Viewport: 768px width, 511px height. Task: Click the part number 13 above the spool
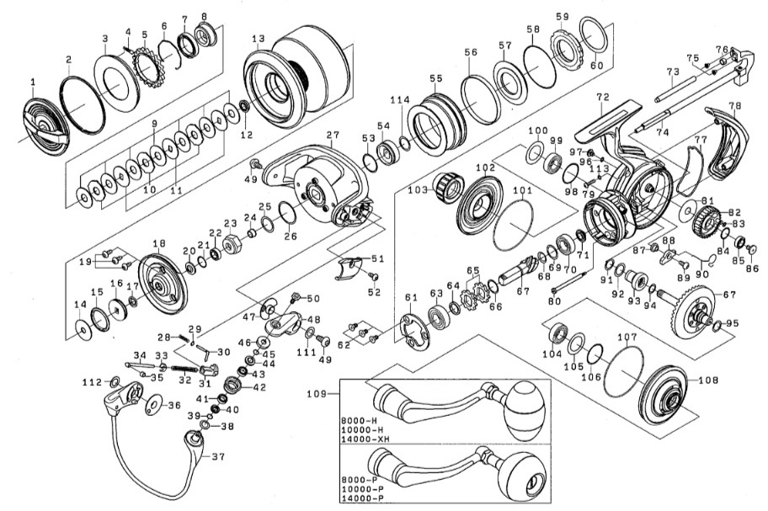(x=259, y=39)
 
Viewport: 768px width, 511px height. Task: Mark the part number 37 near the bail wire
(x=218, y=456)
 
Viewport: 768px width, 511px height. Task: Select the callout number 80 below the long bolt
(x=554, y=301)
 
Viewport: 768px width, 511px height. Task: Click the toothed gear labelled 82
(x=705, y=221)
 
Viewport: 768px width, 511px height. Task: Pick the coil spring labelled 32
(x=184, y=365)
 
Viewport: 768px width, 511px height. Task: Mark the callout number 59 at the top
(x=563, y=17)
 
